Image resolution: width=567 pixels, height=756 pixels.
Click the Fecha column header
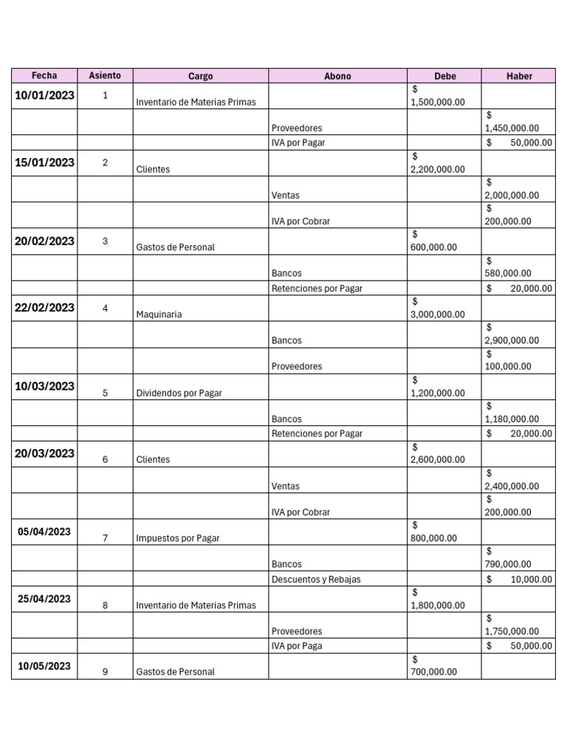[44, 75]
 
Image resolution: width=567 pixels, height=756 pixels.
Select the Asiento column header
[105, 75]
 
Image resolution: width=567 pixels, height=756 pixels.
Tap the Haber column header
[518, 76]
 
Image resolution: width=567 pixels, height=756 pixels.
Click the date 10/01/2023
[44, 95]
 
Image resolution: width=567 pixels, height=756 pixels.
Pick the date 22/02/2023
[44, 308]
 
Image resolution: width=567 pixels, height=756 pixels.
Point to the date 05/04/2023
[44, 532]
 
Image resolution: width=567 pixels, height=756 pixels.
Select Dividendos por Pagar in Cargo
[179, 393]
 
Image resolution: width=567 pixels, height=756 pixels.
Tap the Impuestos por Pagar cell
[177, 538]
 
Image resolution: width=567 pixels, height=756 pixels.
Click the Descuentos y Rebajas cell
[316, 580]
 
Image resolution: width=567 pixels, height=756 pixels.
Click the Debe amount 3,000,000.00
[438, 315]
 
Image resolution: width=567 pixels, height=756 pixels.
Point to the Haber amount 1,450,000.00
[512, 128]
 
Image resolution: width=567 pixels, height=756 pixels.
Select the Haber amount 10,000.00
[530, 580]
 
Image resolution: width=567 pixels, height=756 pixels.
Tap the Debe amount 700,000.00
[433, 672]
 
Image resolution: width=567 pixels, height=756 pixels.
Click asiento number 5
[105, 393]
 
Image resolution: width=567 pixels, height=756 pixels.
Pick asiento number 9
[105, 672]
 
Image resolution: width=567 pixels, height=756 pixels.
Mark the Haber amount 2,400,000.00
[512, 487]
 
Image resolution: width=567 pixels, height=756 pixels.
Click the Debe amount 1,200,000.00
[438, 393]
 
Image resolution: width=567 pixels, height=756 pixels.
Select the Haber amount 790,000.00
[508, 565]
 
